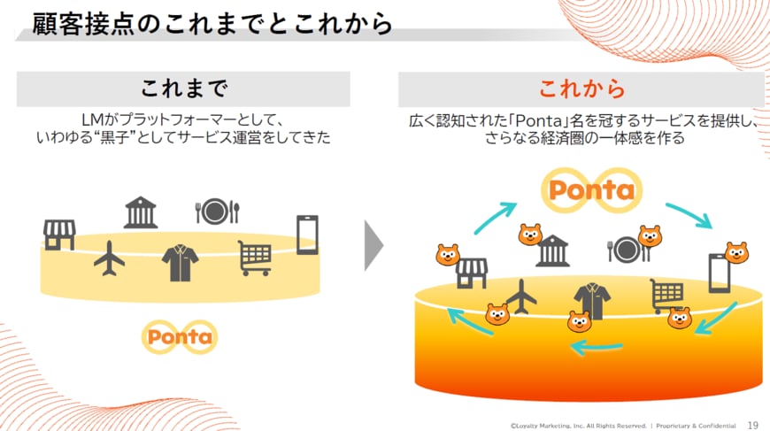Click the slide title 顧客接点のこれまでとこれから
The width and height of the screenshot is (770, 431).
(212, 23)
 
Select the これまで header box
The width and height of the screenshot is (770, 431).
(183, 89)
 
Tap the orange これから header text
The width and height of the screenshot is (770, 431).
(581, 89)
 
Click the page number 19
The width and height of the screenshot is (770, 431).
(753, 424)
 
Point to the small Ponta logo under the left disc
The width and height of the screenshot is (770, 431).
(180, 336)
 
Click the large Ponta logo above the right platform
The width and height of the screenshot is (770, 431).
(591, 190)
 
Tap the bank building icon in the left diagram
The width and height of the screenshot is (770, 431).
(141, 213)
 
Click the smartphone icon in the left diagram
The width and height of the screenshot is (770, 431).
(306, 234)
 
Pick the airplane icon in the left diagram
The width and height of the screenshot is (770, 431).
(109, 258)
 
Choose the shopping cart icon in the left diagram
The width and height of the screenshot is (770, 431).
(254, 258)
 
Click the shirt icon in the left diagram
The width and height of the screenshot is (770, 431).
(180, 263)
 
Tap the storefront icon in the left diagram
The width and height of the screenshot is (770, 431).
(58, 235)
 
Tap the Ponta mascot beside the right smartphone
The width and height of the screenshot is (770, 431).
(736, 253)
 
